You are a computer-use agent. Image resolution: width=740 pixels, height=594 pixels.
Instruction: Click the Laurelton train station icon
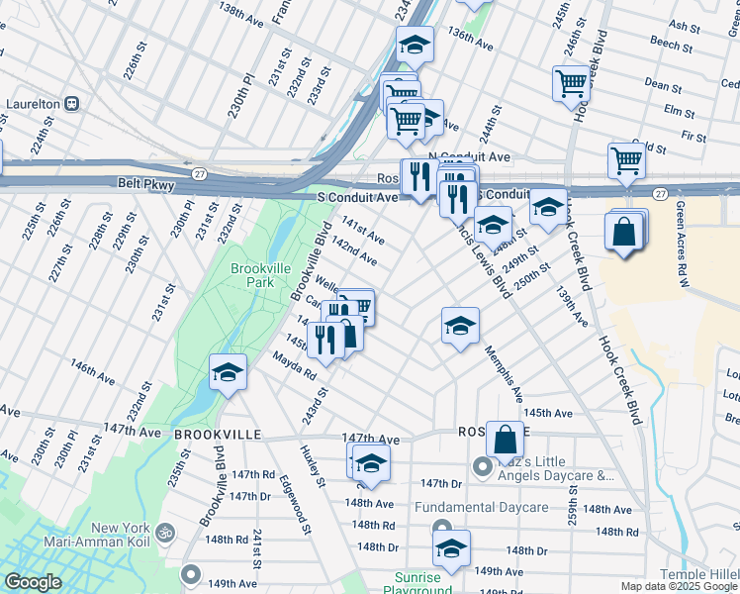72,103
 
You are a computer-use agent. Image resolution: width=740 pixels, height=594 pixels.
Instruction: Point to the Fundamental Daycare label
481,508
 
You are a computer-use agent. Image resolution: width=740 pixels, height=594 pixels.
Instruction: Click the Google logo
34,582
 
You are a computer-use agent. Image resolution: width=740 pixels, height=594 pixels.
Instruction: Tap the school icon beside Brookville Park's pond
228,373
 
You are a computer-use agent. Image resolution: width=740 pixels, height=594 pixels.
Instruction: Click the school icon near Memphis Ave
460,325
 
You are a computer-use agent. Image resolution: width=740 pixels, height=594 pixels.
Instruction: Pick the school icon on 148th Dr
450,547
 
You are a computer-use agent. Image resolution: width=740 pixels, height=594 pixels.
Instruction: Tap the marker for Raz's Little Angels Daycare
482,465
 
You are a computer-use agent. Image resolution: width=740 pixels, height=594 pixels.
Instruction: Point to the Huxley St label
313,465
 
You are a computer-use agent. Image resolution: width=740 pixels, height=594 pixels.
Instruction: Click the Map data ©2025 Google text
678,586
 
